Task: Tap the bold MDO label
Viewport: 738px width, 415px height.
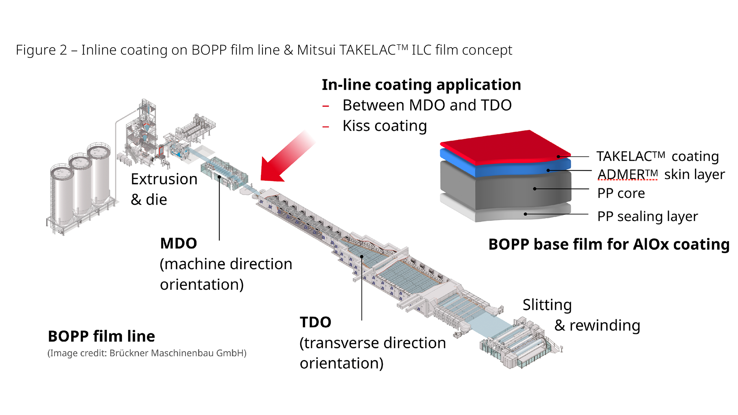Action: click(178, 244)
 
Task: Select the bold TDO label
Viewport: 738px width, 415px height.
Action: click(315, 322)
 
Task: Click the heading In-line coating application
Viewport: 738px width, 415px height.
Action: click(421, 85)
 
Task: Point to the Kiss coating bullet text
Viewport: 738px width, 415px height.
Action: click(384, 126)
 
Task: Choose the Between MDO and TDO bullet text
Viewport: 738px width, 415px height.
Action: click(427, 105)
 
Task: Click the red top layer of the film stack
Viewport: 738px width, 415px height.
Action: click(507, 146)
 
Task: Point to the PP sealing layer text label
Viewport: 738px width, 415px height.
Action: click(647, 217)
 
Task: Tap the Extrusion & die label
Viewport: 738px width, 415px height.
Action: click(164, 189)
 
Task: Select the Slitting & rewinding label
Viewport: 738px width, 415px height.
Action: click(580, 315)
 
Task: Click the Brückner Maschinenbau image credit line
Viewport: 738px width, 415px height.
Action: click(147, 353)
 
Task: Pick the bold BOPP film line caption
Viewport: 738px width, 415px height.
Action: click(101, 336)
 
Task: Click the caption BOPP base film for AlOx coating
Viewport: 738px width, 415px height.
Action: click(609, 244)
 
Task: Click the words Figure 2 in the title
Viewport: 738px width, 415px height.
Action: click(41, 50)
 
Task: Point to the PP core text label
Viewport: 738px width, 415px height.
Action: click(621, 193)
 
